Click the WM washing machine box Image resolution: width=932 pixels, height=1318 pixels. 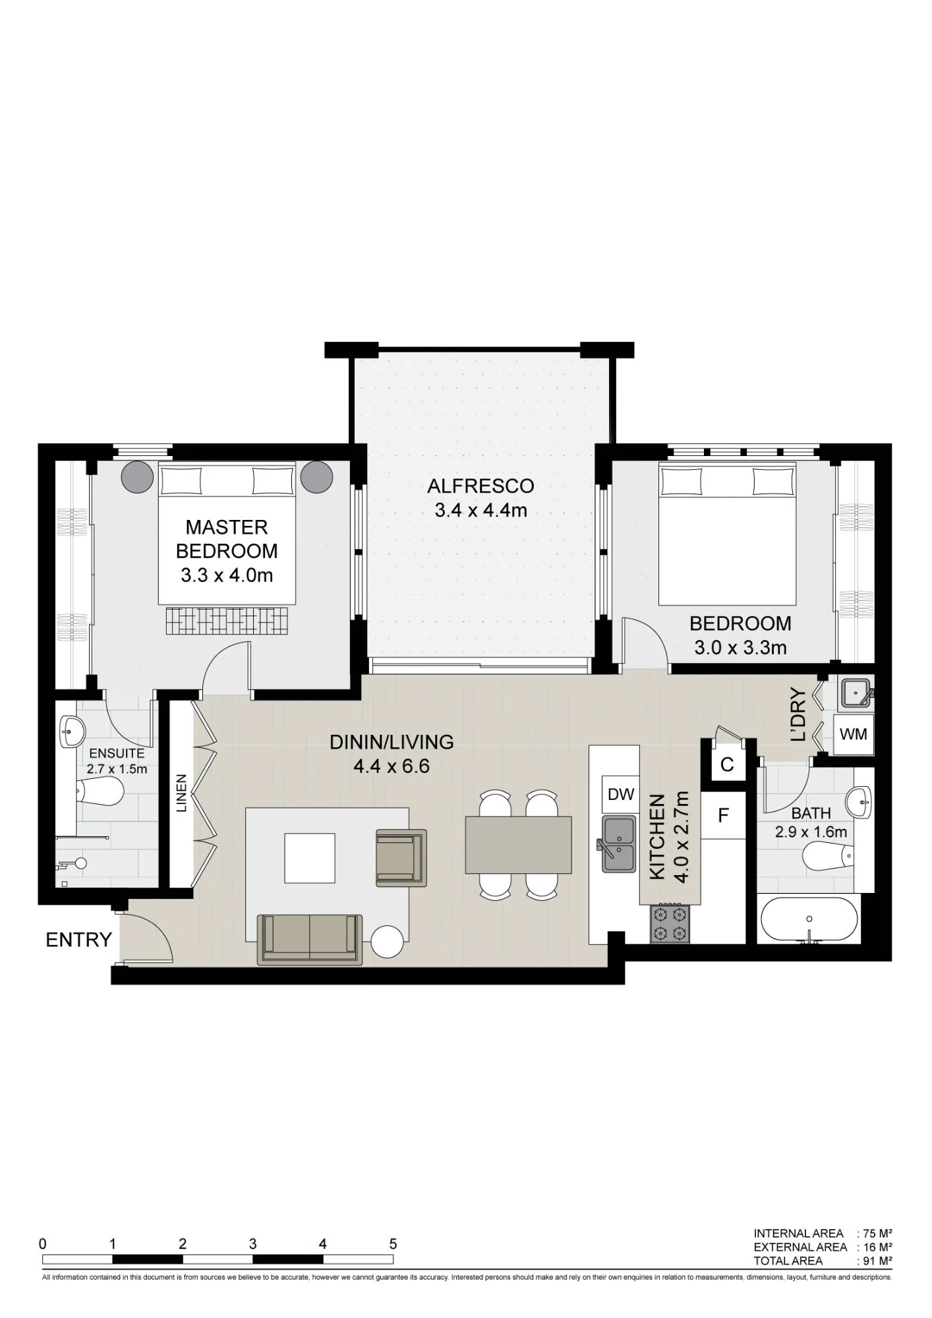pos(854,733)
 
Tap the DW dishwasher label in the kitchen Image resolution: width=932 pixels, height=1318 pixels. pos(620,794)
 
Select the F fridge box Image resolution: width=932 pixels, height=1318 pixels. pos(723,815)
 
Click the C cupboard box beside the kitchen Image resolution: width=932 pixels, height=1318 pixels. pos(727,764)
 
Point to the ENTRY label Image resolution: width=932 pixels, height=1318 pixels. pos(79,940)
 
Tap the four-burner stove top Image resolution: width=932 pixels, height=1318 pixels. pos(670,923)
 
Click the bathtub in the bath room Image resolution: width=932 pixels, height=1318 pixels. pos(809,920)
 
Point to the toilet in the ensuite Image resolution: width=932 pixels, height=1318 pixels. pos(100,791)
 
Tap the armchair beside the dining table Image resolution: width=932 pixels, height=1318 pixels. pos(399,856)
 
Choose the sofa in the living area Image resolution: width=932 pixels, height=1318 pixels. pos(310,940)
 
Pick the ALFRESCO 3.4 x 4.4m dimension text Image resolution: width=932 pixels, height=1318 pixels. pos(481,510)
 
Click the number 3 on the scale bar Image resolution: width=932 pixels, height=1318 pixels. pos(253,1244)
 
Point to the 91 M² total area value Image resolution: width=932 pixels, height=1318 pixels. pos(878,1261)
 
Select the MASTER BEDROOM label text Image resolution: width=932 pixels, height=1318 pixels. pos(227,539)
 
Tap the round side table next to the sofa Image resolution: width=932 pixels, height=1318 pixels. pos(388,942)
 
